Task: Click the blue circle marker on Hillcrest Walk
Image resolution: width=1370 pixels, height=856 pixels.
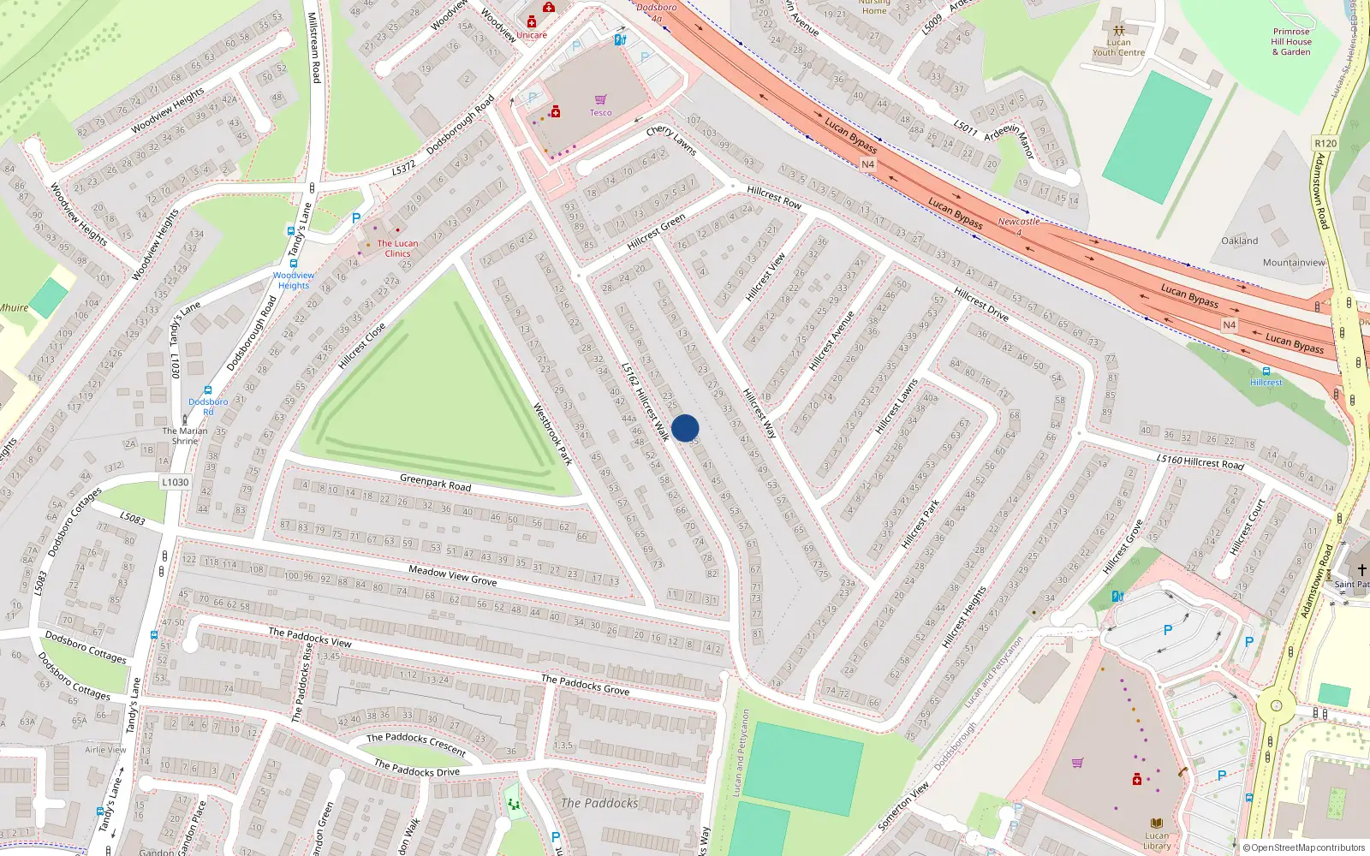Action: click(x=685, y=428)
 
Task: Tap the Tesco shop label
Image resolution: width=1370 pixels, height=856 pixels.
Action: click(x=600, y=112)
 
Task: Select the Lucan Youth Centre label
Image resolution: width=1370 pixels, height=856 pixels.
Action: click(x=1118, y=47)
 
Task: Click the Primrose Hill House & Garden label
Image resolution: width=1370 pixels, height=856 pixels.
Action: click(x=1290, y=42)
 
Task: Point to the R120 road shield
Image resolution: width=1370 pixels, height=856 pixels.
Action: click(x=1325, y=143)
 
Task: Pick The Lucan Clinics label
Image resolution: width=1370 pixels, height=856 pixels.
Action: click(x=397, y=248)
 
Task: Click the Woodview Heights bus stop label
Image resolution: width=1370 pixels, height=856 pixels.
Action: click(x=294, y=280)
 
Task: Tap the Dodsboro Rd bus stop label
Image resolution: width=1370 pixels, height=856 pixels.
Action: click(x=208, y=407)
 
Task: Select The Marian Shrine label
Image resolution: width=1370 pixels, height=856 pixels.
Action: click(x=185, y=436)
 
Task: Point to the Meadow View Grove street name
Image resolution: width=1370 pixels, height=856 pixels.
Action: click(x=452, y=575)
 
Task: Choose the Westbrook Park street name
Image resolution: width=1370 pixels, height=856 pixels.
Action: click(x=553, y=434)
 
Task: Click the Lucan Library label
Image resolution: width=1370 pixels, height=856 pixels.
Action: click(x=1157, y=841)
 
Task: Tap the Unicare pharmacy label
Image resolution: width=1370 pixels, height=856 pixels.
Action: click(x=531, y=35)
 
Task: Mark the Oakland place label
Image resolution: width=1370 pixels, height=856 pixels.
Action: click(x=1239, y=241)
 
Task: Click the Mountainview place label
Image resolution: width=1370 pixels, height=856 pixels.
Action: click(x=1293, y=263)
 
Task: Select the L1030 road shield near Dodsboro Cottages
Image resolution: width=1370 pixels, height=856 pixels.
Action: click(x=176, y=482)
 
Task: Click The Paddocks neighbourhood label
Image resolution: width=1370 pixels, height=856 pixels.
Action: click(x=599, y=803)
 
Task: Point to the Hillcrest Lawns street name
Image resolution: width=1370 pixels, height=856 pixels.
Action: click(x=896, y=407)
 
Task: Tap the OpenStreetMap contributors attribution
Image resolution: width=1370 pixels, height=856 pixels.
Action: click(x=1303, y=847)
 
